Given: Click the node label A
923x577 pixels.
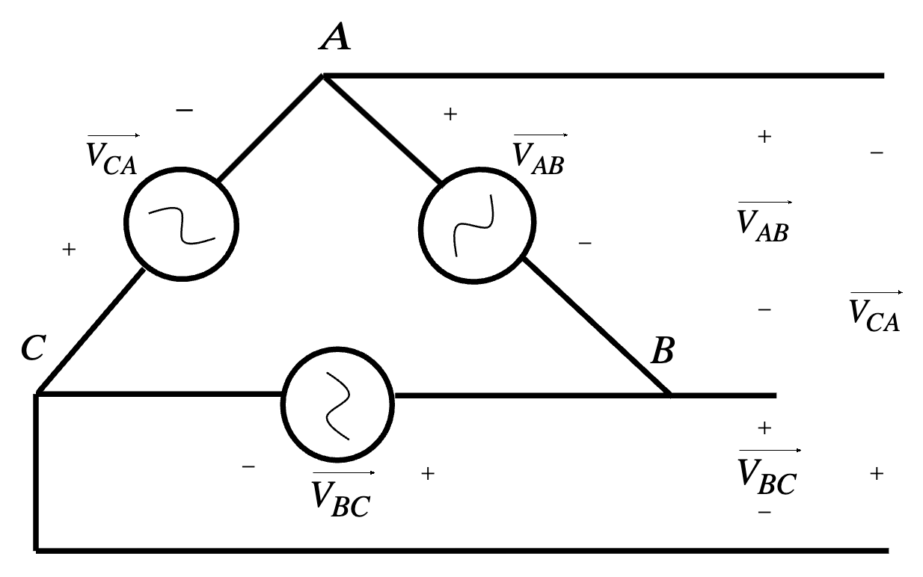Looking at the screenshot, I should click(x=334, y=37).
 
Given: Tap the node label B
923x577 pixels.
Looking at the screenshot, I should click(x=663, y=351).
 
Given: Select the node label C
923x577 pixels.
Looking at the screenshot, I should click(x=32, y=348).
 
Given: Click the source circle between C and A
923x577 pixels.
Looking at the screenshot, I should click(x=181, y=223).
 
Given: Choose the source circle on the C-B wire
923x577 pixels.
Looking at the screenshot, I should click(x=337, y=404).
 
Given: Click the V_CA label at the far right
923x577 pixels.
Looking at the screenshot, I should click(x=874, y=312).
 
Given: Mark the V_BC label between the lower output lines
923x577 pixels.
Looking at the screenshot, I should click(x=767, y=472).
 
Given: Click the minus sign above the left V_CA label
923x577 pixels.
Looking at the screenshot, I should click(x=184, y=111).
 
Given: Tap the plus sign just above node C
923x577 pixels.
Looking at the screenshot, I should click(x=70, y=250).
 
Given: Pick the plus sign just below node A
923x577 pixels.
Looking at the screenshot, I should click(x=450, y=114).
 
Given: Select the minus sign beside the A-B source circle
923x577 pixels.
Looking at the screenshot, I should click(x=585, y=243).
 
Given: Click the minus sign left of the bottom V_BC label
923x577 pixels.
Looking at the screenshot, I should click(x=248, y=467).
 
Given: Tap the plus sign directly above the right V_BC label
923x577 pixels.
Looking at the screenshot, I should click(x=764, y=428).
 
